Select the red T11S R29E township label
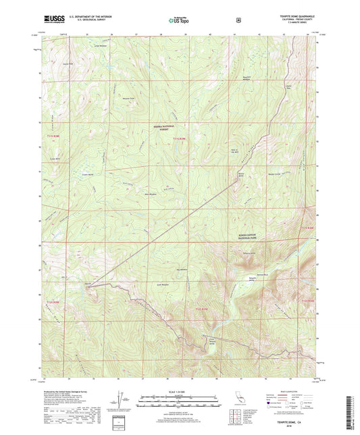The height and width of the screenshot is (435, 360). click(x=178, y=139)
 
